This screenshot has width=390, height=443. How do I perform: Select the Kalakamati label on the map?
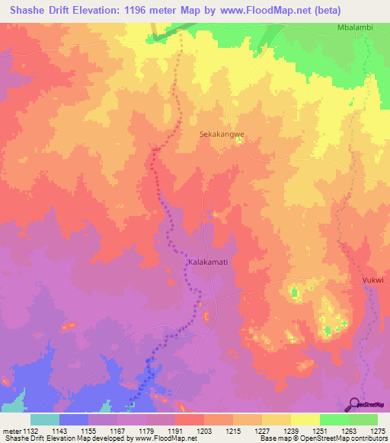click(x=208, y=262)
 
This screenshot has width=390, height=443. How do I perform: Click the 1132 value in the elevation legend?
click(x=30, y=431)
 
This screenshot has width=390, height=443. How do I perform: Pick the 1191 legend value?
click(x=174, y=431)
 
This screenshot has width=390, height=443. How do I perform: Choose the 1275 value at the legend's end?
click(x=377, y=431)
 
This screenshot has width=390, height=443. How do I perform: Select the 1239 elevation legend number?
click(x=290, y=431)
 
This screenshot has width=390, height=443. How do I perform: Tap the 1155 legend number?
click(x=88, y=431)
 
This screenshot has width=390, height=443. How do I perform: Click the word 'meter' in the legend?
click(x=10, y=431)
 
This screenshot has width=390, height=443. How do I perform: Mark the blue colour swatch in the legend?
click(x=73, y=419)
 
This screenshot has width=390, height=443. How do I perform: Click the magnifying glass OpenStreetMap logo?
click(x=355, y=404)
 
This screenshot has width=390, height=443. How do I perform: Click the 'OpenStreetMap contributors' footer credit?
click(x=347, y=439)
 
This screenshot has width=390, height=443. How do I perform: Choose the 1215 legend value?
click(x=232, y=431)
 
